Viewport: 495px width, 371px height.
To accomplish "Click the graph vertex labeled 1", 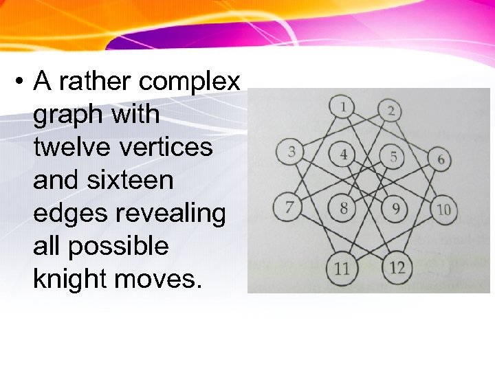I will pos(342,108).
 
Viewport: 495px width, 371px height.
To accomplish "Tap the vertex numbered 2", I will pos(390,111).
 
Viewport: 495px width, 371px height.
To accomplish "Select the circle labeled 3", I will pos(291,152).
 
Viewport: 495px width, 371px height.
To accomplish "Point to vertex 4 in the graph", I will pos(343,154).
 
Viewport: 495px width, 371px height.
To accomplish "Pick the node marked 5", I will pos(393,157).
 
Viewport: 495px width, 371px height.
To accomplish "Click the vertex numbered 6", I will pos(440,159).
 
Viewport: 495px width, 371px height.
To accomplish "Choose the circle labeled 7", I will pos(289,206).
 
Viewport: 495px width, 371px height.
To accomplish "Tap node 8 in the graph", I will pos(342,207).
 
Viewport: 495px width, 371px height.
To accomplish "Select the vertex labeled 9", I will pos(394,208).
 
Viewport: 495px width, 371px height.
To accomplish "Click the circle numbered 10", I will pos(443,209).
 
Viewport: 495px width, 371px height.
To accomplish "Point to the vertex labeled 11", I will pos(342,267).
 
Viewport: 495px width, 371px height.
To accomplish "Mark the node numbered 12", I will pos(397,267).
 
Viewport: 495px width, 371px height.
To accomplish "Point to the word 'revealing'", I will pos(170,214).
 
